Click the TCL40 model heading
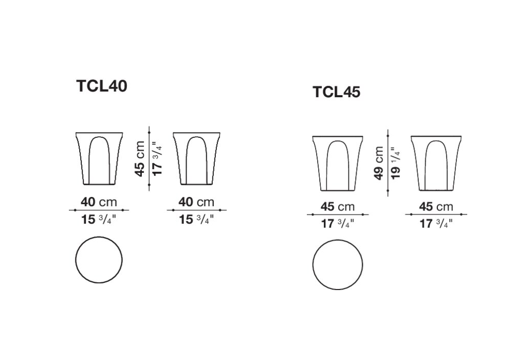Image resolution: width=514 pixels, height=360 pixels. click(102, 86)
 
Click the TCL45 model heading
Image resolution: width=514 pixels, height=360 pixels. click(336, 92)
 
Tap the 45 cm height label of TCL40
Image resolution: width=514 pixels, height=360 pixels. click(140, 159)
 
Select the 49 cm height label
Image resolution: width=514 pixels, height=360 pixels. click(379, 163)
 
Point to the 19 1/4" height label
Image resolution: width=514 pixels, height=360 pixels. click(395, 163)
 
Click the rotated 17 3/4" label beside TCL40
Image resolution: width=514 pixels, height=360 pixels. click(157, 159)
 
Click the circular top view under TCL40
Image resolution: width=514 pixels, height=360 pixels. click(99, 260)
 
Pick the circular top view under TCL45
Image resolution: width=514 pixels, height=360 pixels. click(338, 265)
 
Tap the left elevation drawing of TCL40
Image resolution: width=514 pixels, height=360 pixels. click(99, 159)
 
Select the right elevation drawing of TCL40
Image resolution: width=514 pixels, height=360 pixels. click(196, 159)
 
